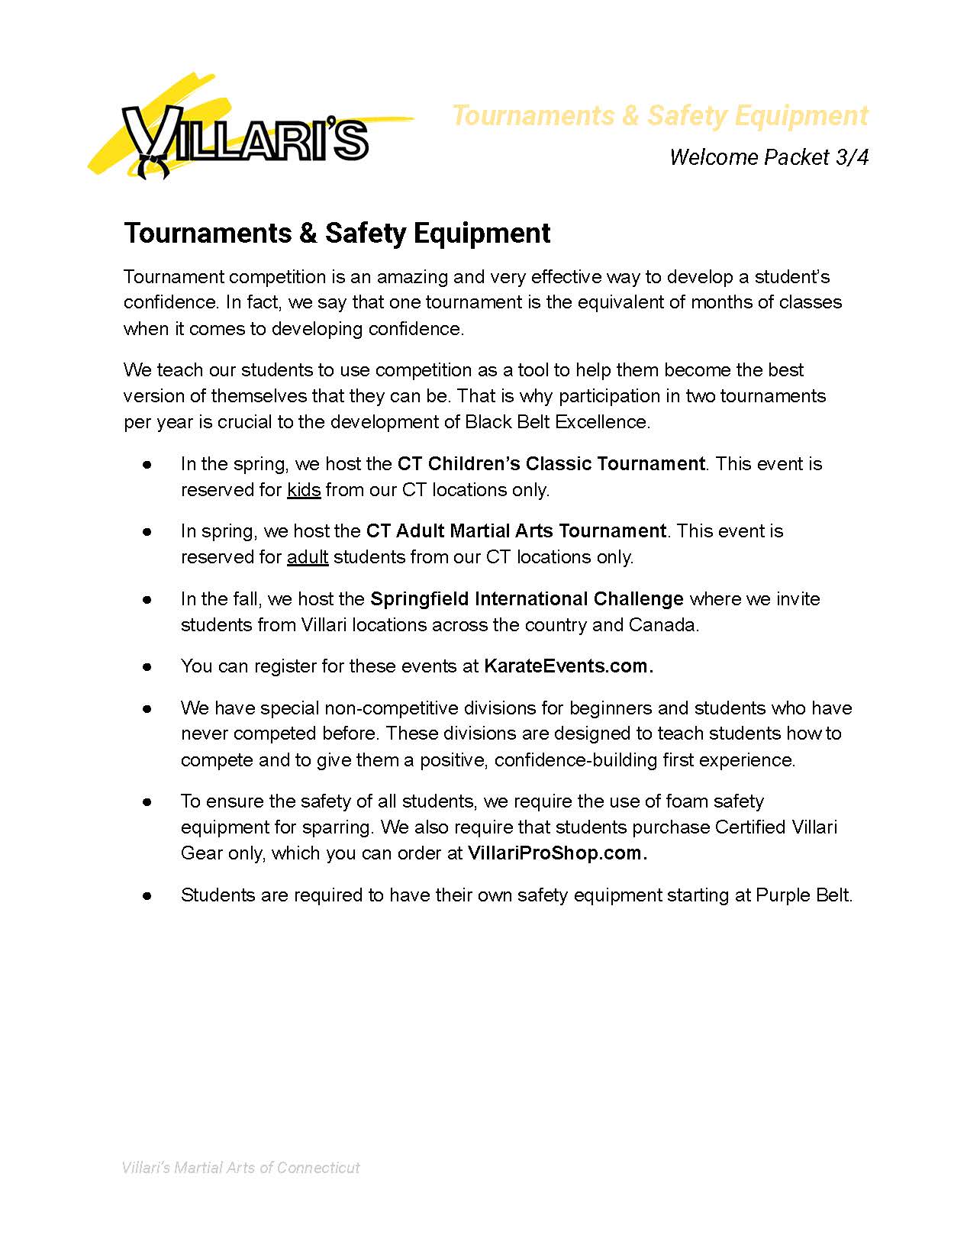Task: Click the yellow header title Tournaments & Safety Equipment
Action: [x=659, y=115]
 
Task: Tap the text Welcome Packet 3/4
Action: [x=769, y=157]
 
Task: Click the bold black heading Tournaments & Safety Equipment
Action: [x=337, y=233]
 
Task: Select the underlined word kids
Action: [x=304, y=490]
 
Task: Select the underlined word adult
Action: [x=308, y=557]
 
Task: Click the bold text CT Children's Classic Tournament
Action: [x=551, y=464]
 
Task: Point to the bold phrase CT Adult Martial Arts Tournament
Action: [x=516, y=531]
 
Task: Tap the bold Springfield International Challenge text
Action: [x=527, y=599]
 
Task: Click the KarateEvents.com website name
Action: [x=568, y=666]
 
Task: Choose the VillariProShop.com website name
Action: [x=556, y=853]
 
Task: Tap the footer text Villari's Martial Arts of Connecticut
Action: [x=241, y=1168]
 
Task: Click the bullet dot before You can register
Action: [x=147, y=667]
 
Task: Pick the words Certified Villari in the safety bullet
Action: [x=775, y=827]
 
